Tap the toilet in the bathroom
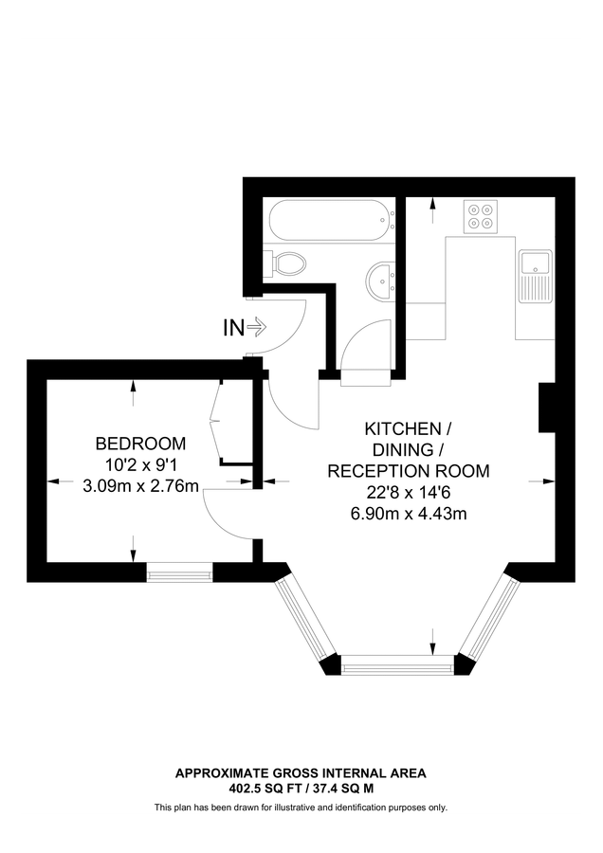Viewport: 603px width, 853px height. coord(285,262)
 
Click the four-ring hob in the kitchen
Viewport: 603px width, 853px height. coord(482,216)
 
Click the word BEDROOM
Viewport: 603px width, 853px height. coord(140,444)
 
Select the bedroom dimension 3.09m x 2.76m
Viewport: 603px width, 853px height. coord(140,487)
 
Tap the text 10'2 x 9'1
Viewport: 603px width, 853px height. coord(140,465)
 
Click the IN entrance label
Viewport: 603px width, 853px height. coord(233,328)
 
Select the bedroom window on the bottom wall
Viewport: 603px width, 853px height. coord(179,572)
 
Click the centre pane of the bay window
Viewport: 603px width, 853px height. coord(397,667)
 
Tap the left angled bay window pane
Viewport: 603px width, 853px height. coord(302,617)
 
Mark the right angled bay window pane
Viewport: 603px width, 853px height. coord(489,617)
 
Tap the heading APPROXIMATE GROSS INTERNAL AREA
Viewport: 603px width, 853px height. coord(301,773)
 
